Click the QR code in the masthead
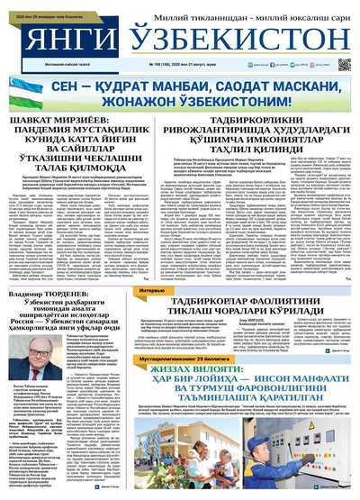(x=344, y=64)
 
